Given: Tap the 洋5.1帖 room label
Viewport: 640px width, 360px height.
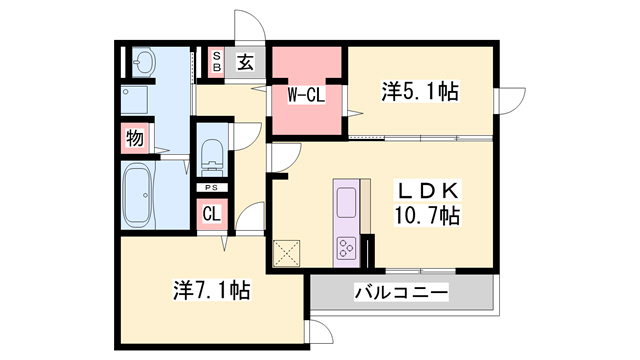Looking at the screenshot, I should [x=419, y=93].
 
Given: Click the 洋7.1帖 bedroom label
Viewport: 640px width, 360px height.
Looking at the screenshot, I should [x=211, y=291].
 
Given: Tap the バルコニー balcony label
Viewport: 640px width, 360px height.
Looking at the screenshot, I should [x=401, y=294].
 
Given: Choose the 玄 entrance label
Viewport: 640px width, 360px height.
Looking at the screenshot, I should [x=245, y=62].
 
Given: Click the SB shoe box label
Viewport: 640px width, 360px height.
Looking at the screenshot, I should [x=215, y=61].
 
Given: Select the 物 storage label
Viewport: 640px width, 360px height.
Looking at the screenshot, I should [x=134, y=138].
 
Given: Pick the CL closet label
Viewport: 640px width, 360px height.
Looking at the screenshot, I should [x=212, y=213].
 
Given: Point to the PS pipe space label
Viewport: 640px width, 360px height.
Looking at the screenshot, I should [x=211, y=188].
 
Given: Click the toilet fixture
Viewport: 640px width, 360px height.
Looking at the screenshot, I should [x=211, y=154].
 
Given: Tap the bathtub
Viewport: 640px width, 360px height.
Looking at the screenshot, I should [x=139, y=196].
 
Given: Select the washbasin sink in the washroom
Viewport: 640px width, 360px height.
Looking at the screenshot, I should [x=142, y=63].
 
